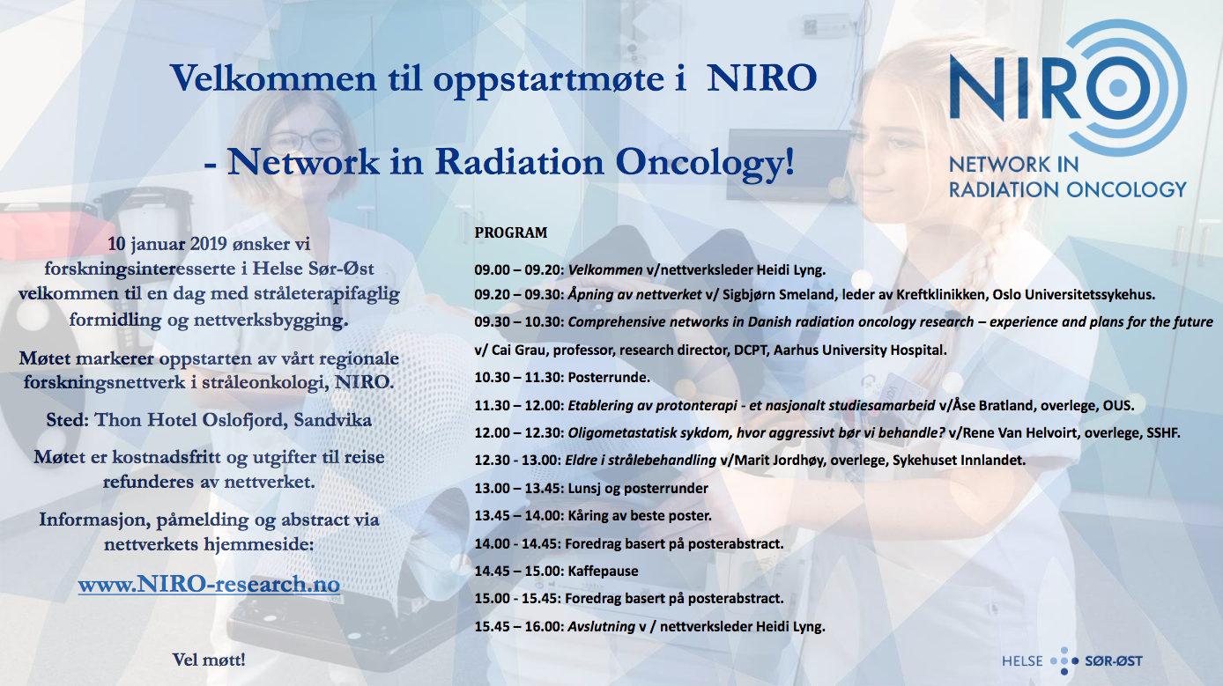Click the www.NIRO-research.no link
[209, 584]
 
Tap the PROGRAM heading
[510, 232]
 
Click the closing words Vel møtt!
[209, 660]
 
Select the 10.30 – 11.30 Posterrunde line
[562, 377]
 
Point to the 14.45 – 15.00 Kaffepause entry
[556, 571]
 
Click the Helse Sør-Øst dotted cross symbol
[1064, 660]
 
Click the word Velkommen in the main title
[273, 78]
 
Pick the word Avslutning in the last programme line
[601, 626]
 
